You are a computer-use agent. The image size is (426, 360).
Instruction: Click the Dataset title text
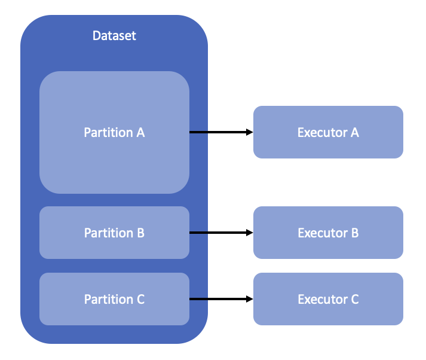pos(114,36)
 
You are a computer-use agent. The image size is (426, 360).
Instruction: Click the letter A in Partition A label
pos(140,132)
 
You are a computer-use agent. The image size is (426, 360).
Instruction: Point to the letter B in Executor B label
pos(354,233)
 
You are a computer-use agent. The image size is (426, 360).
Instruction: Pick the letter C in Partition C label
pos(140,299)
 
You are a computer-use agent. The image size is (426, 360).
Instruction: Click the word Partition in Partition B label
pos(108,233)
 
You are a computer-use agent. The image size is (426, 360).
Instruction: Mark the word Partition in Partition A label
pos(108,132)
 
